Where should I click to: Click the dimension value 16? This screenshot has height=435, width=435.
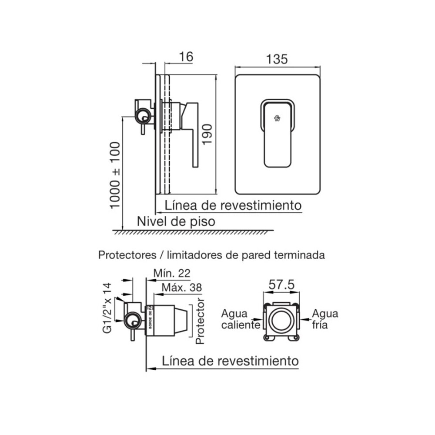[186, 57]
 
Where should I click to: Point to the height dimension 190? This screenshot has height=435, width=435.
[207, 135]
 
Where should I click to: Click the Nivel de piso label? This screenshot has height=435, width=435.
[176, 221]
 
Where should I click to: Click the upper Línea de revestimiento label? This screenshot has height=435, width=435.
[233, 205]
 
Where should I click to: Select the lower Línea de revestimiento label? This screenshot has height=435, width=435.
[230, 361]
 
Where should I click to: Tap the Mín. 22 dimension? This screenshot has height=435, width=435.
[172, 273]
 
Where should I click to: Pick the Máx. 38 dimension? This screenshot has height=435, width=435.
[181, 288]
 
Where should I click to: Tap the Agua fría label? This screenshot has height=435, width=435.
[325, 319]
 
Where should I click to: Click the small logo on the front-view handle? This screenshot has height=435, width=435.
[277, 117]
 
